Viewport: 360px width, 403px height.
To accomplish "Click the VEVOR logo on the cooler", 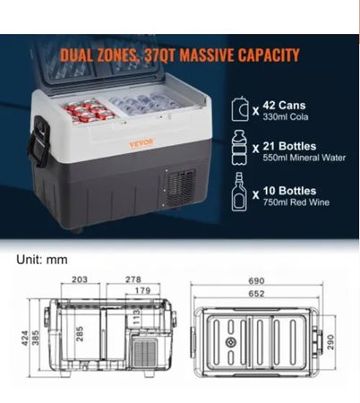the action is pos(141,142).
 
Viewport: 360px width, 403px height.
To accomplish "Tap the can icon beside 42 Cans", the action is pos(240,109).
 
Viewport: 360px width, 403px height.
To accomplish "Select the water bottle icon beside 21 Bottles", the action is pos(240,148).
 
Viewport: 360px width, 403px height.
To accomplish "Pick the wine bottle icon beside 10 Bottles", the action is pos(239,192).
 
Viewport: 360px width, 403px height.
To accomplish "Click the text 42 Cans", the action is pos(284,106).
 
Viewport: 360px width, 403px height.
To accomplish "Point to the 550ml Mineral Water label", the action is pos(304,158).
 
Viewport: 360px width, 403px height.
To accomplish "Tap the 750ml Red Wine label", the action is pos(296,202).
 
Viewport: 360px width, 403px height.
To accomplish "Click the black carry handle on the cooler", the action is pos(39,141).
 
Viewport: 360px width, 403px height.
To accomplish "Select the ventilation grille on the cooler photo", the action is pos(180,188).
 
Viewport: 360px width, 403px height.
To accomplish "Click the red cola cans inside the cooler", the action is pos(90,112).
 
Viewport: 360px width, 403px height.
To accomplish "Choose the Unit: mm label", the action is pos(42,260).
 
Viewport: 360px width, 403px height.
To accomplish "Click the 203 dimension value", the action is pos(80,279).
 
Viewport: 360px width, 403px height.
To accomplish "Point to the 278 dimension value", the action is pos(133,279).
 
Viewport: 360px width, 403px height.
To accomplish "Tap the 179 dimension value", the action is pos(142,290).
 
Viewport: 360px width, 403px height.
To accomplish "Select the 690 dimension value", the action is pos(256,281).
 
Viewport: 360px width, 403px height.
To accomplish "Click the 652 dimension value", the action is pos(256,294).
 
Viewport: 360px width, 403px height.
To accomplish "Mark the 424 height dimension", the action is pos(25,339).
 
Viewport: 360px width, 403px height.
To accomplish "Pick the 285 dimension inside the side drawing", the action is pos(80,334).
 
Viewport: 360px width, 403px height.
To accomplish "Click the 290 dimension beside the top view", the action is pos(331,342).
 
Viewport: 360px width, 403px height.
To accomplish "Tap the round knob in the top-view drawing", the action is pos(231,342).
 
